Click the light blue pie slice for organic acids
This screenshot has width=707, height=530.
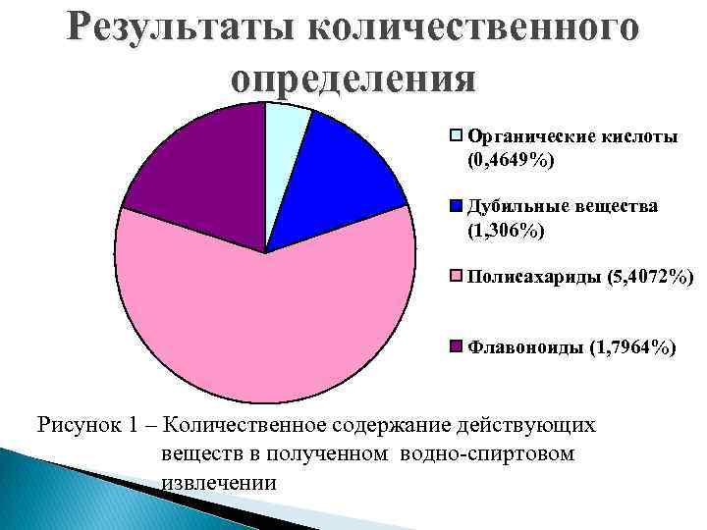point(285,132)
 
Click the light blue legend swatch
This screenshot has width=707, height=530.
point(456,135)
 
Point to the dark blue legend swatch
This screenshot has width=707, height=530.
point(456,207)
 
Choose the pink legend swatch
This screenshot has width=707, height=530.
point(456,279)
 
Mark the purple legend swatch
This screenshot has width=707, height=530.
point(456,346)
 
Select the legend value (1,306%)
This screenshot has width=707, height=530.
point(506,231)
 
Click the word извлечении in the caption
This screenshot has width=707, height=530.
point(217,482)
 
